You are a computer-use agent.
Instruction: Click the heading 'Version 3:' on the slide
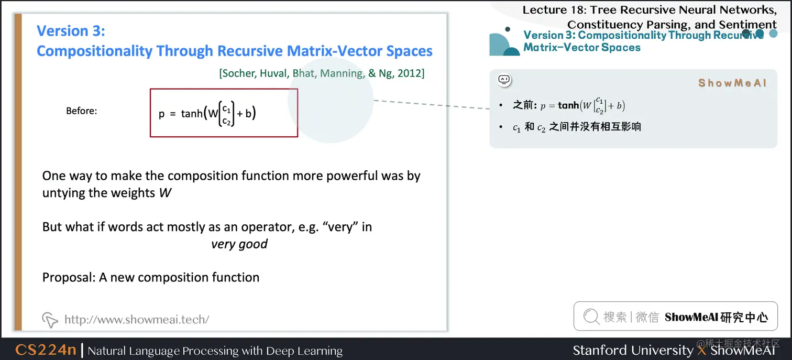71,30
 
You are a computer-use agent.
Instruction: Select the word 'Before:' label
81,111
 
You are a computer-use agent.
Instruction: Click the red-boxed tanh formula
224,113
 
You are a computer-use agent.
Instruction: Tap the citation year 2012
410,73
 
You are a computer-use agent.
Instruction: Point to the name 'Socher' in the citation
238,73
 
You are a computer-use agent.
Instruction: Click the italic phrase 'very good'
239,244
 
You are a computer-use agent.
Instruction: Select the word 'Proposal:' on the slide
69,277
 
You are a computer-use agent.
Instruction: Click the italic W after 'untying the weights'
165,193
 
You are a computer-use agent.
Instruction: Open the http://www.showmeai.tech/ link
137,319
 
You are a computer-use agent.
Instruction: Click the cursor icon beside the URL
50,319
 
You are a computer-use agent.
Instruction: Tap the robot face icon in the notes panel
504,80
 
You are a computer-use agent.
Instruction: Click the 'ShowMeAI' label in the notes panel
732,83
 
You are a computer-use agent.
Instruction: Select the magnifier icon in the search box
591,317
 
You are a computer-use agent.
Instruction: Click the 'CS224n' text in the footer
46,350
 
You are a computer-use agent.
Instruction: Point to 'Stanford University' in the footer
633,350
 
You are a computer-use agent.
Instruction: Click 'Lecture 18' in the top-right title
553,10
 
